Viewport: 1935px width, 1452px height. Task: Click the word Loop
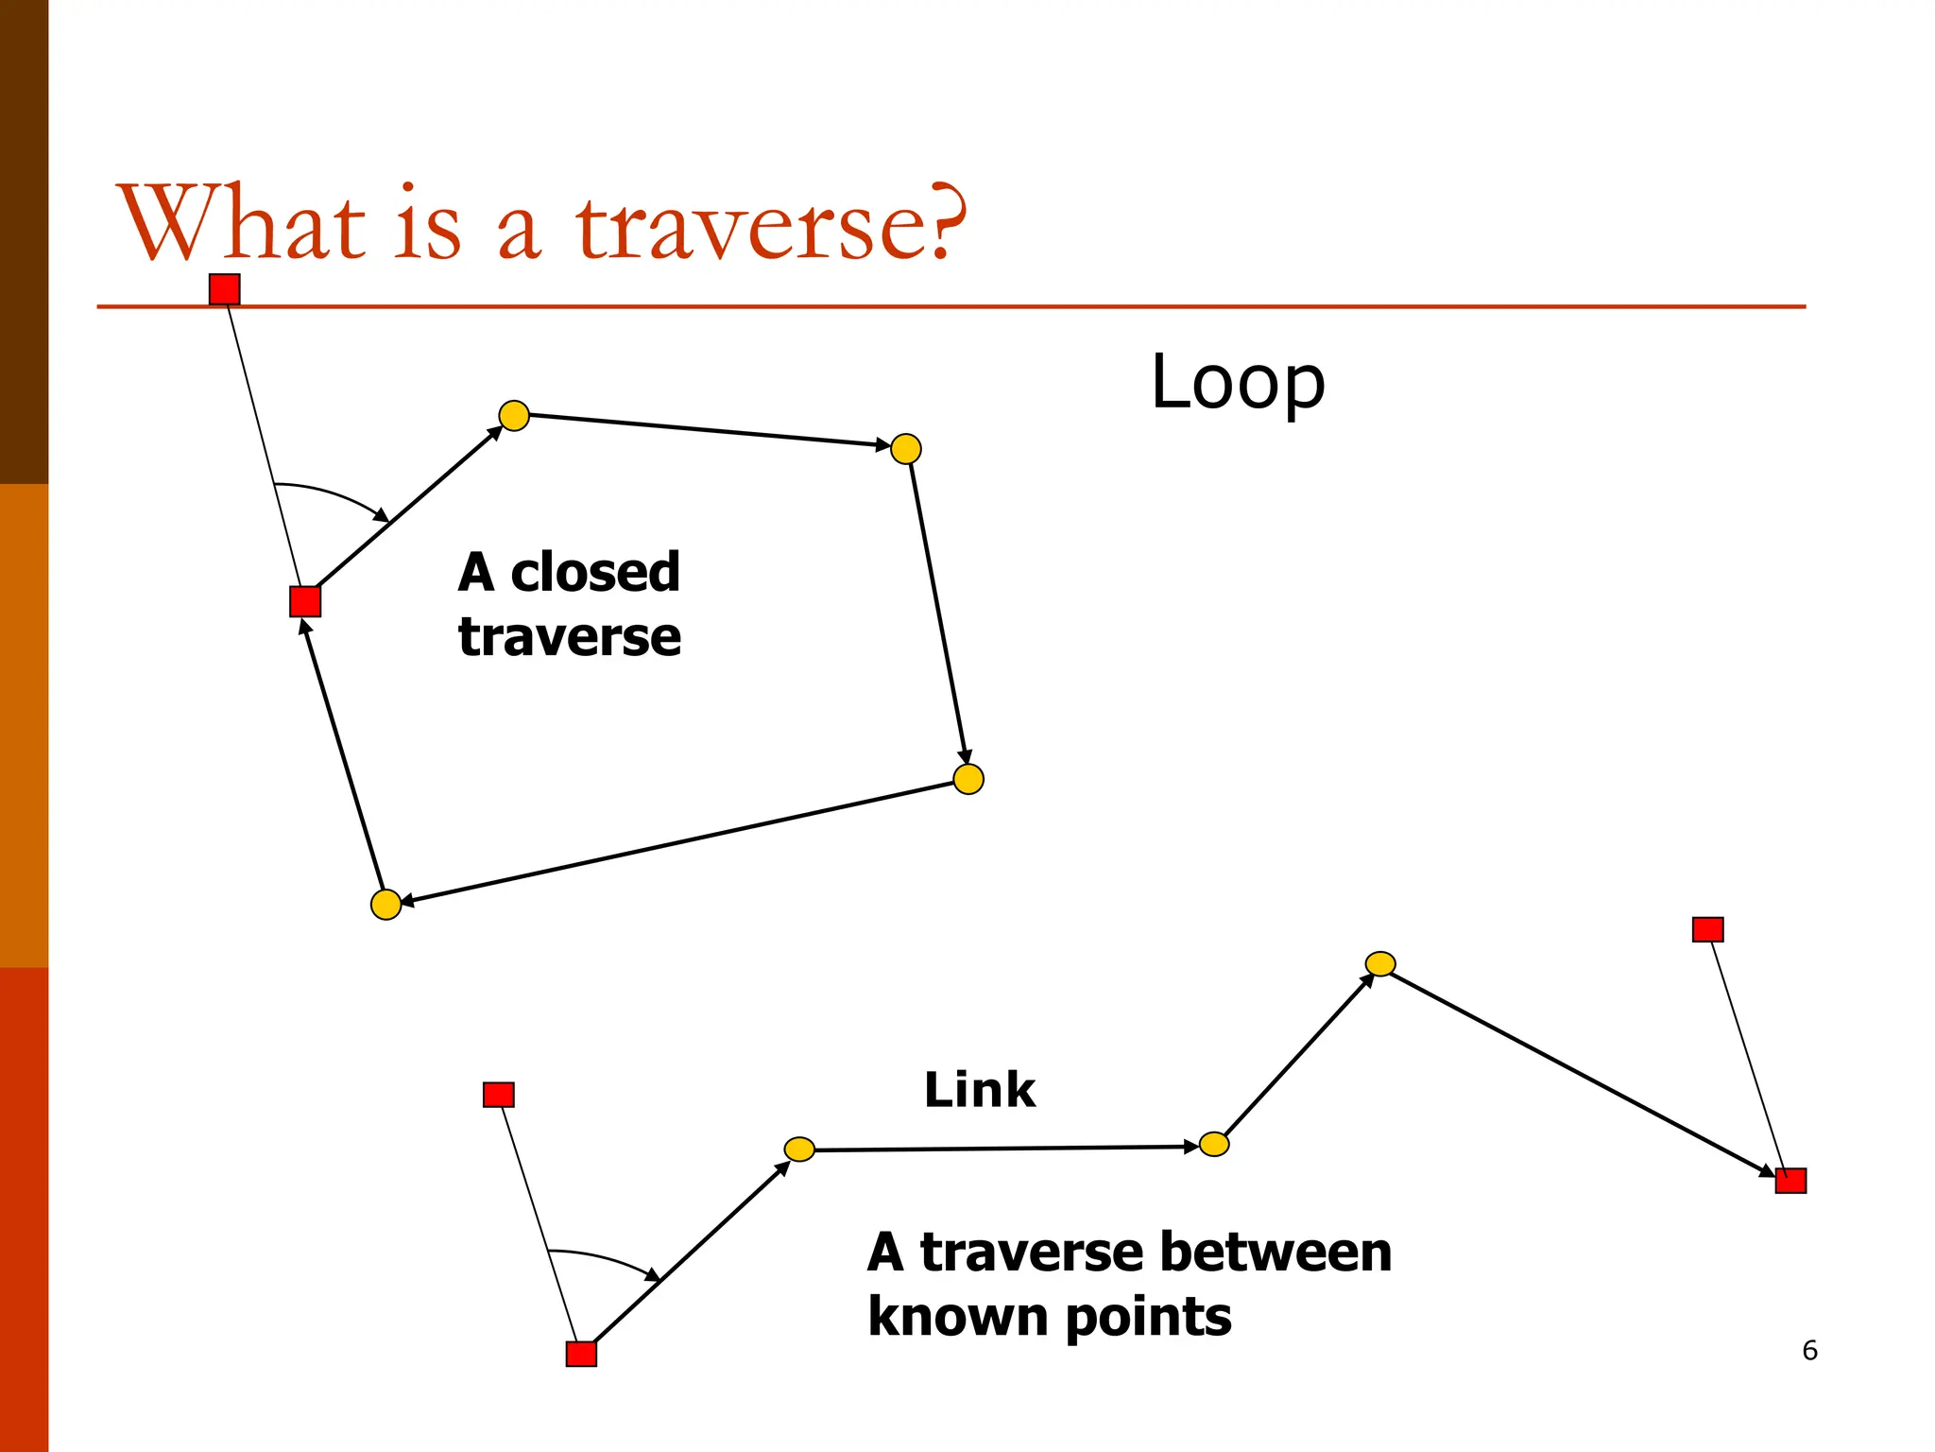1238,382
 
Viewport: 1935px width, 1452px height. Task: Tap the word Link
979,1090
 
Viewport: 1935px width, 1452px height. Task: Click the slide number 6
1809,1350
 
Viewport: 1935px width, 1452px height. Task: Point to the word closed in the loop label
594,572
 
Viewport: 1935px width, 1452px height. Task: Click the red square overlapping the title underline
225,289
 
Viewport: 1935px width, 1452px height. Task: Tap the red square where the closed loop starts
305,601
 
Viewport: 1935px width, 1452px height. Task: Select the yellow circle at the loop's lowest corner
385,905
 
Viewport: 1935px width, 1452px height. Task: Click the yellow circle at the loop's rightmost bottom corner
968,779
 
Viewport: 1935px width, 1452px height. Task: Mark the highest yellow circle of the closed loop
514,415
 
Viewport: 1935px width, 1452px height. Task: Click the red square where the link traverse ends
1790,1181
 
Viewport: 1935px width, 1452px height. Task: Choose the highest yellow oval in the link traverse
1380,963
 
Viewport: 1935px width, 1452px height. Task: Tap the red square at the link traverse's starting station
581,1354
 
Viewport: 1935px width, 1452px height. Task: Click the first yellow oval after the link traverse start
799,1149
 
